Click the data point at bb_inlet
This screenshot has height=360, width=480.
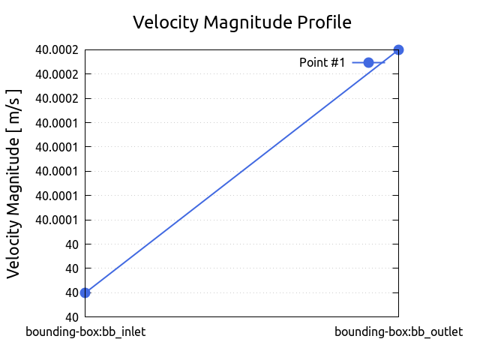pyautogui.click(x=85, y=292)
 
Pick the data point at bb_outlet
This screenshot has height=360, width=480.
pyautogui.click(x=399, y=49)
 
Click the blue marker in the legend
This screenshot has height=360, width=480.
pyautogui.click(x=368, y=62)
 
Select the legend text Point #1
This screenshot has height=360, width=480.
pyautogui.click(x=322, y=62)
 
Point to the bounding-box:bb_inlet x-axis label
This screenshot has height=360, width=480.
pyautogui.click(x=85, y=331)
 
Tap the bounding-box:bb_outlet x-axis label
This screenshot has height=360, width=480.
pyautogui.click(x=398, y=331)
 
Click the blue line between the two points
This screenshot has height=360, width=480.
pyautogui.click(x=242, y=171)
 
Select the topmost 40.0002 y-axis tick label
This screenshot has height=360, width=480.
pyautogui.click(x=57, y=50)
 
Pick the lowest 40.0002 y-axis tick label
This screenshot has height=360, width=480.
pyautogui.click(x=57, y=98)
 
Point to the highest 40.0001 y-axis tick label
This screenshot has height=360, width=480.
pyautogui.click(x=57, y=123)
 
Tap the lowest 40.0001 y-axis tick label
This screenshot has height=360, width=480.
pyautogui.click(x=57, y=220)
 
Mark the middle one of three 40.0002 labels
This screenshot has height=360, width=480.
pyautogui.click(x=57, y=74)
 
